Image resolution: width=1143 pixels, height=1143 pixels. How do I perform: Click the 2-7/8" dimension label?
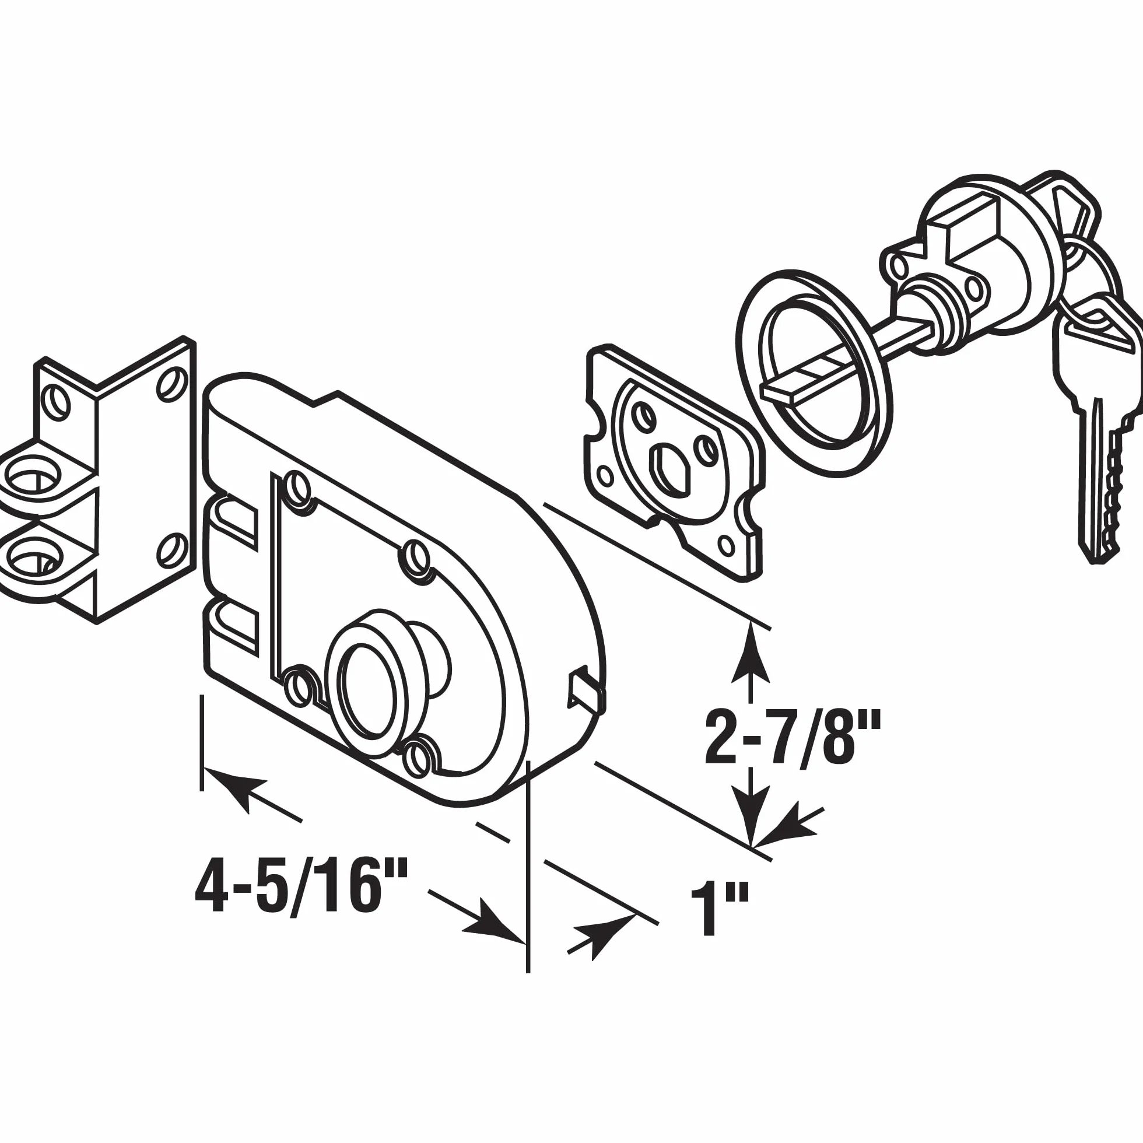[x=793, y=738]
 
